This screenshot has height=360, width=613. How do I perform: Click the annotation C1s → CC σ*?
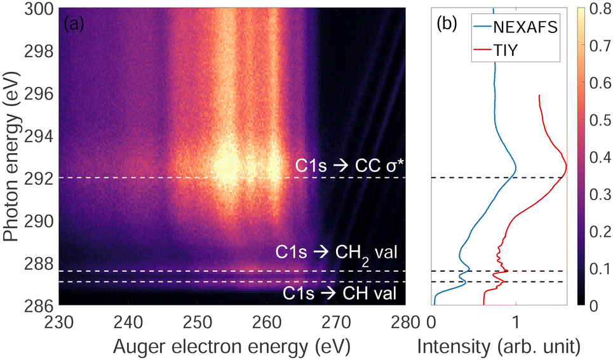pos(349,166)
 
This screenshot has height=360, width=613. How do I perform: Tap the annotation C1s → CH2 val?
pos(336,251)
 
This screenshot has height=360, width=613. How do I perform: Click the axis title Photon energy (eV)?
pos(11,156)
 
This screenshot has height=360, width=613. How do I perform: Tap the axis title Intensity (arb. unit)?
pos(499,346)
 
